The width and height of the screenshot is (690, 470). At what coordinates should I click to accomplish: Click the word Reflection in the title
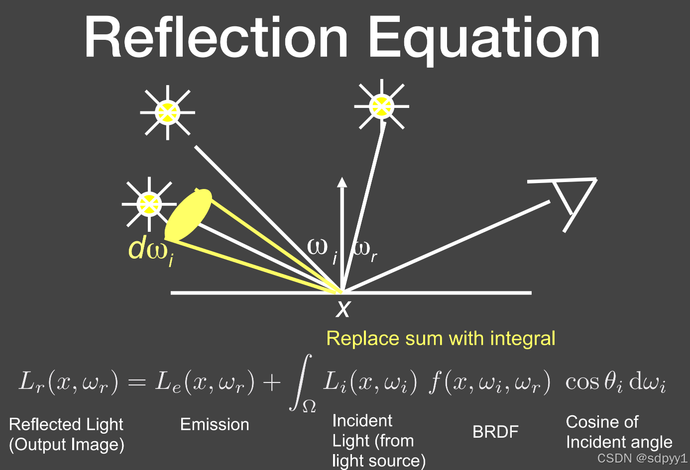coord(216,36)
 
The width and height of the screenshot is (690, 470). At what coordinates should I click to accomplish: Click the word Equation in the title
coord(484,39)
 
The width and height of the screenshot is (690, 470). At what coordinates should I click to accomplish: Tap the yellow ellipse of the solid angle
coord(188,214)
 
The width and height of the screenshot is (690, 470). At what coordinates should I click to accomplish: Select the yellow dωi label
coord(151,251)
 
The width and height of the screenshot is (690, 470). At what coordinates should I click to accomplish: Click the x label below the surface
coord(343,308)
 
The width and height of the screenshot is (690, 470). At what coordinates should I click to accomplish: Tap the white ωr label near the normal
coord(365,251)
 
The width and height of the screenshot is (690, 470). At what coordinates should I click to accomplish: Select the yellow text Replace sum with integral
coord(441,338)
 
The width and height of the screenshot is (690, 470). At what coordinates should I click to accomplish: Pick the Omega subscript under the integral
coord(309,406)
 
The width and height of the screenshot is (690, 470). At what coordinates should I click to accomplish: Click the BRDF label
coord(495,432)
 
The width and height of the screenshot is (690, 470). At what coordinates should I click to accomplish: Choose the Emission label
coord(215,424)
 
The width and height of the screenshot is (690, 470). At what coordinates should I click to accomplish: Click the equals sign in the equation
coord(137,382)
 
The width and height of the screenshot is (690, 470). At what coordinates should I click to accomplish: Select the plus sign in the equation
coord(271,382)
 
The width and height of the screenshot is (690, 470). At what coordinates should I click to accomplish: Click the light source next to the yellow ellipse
coord(149,204)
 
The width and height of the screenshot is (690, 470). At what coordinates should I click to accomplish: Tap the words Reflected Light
coord(66,424)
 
